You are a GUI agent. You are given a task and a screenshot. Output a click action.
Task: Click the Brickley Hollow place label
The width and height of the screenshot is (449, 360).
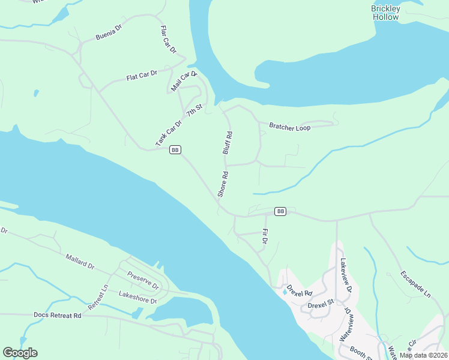coord(385,13)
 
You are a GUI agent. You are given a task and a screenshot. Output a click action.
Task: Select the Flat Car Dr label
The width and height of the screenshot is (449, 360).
coord(141,76)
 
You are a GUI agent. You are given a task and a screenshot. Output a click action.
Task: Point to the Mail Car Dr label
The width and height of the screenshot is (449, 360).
coord(184,81)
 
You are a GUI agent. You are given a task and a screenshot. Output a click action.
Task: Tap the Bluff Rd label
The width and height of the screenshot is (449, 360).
coord(228,143)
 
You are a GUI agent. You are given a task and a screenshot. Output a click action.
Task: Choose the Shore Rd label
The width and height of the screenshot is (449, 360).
coord(223,185)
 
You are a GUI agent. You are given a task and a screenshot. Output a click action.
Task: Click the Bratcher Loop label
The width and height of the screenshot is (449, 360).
coord(290,127)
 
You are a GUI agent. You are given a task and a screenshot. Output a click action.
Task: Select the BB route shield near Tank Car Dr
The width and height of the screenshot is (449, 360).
coord(175,150)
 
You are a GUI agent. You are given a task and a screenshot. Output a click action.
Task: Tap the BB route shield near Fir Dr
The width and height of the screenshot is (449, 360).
coord(280,211)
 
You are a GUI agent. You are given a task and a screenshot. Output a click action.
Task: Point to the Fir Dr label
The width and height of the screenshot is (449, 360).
coord(265,236)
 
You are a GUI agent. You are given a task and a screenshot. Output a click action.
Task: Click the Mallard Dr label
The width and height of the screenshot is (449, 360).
coord(80,260)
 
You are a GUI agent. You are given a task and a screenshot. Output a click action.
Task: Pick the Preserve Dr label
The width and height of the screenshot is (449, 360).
coord(143,280)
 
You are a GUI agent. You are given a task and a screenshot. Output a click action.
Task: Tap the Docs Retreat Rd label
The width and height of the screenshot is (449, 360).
coord(57,315)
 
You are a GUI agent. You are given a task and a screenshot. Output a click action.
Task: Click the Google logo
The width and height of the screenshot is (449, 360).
coord(20,353)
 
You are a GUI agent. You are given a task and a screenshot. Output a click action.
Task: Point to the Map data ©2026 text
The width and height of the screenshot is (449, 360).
coord(423,355)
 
